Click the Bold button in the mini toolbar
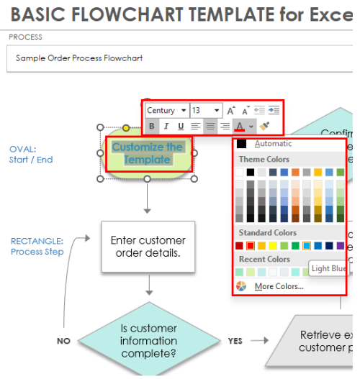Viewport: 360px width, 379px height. click(152, 126)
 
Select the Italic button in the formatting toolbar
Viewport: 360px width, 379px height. click(166, 126)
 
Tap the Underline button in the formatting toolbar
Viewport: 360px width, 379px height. click(181, 126)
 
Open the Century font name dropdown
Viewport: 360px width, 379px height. click(166, 110)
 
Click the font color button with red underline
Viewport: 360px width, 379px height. click(240, 126)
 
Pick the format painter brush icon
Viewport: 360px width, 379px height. click(264, 126)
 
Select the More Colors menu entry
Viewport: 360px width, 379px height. click(278, 286)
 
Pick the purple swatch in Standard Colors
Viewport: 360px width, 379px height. click(341, 246)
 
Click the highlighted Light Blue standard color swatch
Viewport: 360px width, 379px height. click(307, 246)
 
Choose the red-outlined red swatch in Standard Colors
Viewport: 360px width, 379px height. click(251, 246)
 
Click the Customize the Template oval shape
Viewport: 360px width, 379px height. click(148, 153)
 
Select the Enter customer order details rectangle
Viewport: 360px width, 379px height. click(148, 247)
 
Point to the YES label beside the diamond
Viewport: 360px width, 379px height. click(235, 342)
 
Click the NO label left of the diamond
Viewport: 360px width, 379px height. click(63, 342)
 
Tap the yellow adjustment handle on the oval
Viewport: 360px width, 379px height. click(125, 128)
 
